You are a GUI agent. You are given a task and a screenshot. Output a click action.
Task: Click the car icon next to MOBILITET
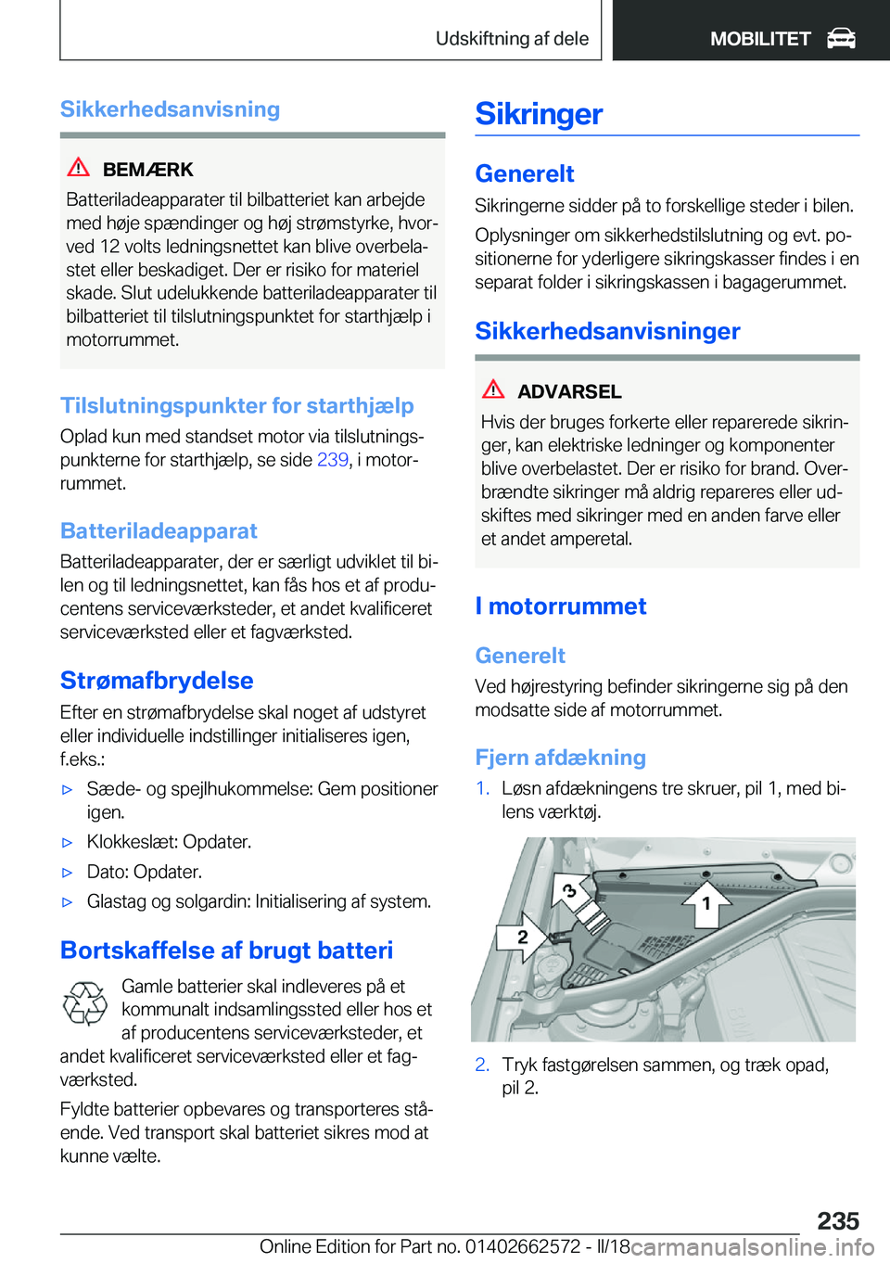841,38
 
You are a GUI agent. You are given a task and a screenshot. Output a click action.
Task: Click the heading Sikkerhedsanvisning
170,109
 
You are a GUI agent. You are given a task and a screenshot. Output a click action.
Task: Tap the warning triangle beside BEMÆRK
79,168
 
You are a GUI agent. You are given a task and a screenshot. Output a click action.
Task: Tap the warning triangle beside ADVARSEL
493,389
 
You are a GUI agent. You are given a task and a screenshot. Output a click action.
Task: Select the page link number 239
332,460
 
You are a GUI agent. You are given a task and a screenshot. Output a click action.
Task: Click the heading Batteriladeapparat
159,531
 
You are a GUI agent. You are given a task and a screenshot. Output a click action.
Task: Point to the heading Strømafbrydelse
157,681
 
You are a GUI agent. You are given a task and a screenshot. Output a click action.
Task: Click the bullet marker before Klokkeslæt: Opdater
67,843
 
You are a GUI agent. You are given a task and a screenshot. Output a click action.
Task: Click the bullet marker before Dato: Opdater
67,873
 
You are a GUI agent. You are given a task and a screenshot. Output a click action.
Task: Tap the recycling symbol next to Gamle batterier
84,1003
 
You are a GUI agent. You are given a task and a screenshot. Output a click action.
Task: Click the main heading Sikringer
539,114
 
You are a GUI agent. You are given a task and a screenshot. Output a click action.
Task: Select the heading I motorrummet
560,606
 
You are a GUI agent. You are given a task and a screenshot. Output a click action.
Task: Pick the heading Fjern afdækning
560,758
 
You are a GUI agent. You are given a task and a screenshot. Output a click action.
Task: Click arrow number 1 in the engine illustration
706,902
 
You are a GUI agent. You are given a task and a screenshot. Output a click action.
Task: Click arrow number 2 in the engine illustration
522,937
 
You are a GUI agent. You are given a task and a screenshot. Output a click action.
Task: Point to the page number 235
838,1220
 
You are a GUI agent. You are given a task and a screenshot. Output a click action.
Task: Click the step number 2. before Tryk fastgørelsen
482,1065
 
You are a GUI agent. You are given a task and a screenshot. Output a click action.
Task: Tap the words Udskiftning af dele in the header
512,39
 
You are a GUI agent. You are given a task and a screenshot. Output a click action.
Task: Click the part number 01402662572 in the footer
523,1246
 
